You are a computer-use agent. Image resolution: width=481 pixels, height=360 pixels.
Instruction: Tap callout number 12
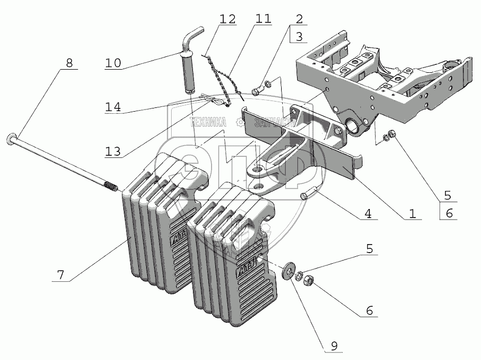point(228,19)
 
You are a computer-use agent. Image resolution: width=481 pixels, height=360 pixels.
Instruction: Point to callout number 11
point(263,19)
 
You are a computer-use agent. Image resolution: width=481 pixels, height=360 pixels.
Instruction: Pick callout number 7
point(61,275)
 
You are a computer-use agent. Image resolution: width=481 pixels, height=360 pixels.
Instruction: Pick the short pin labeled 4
point(308,195)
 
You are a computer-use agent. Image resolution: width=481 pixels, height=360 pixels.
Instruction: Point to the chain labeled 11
point(223,79)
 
